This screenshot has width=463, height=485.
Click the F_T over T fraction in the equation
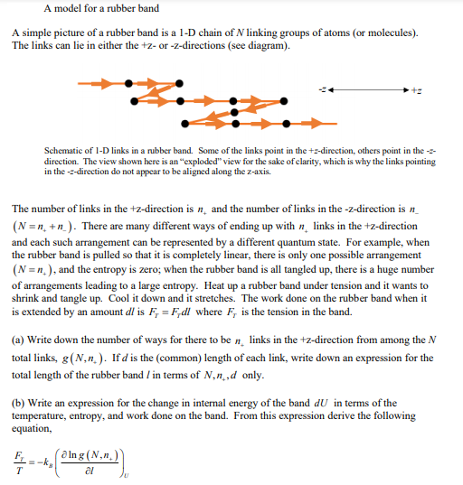coord(19,462)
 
